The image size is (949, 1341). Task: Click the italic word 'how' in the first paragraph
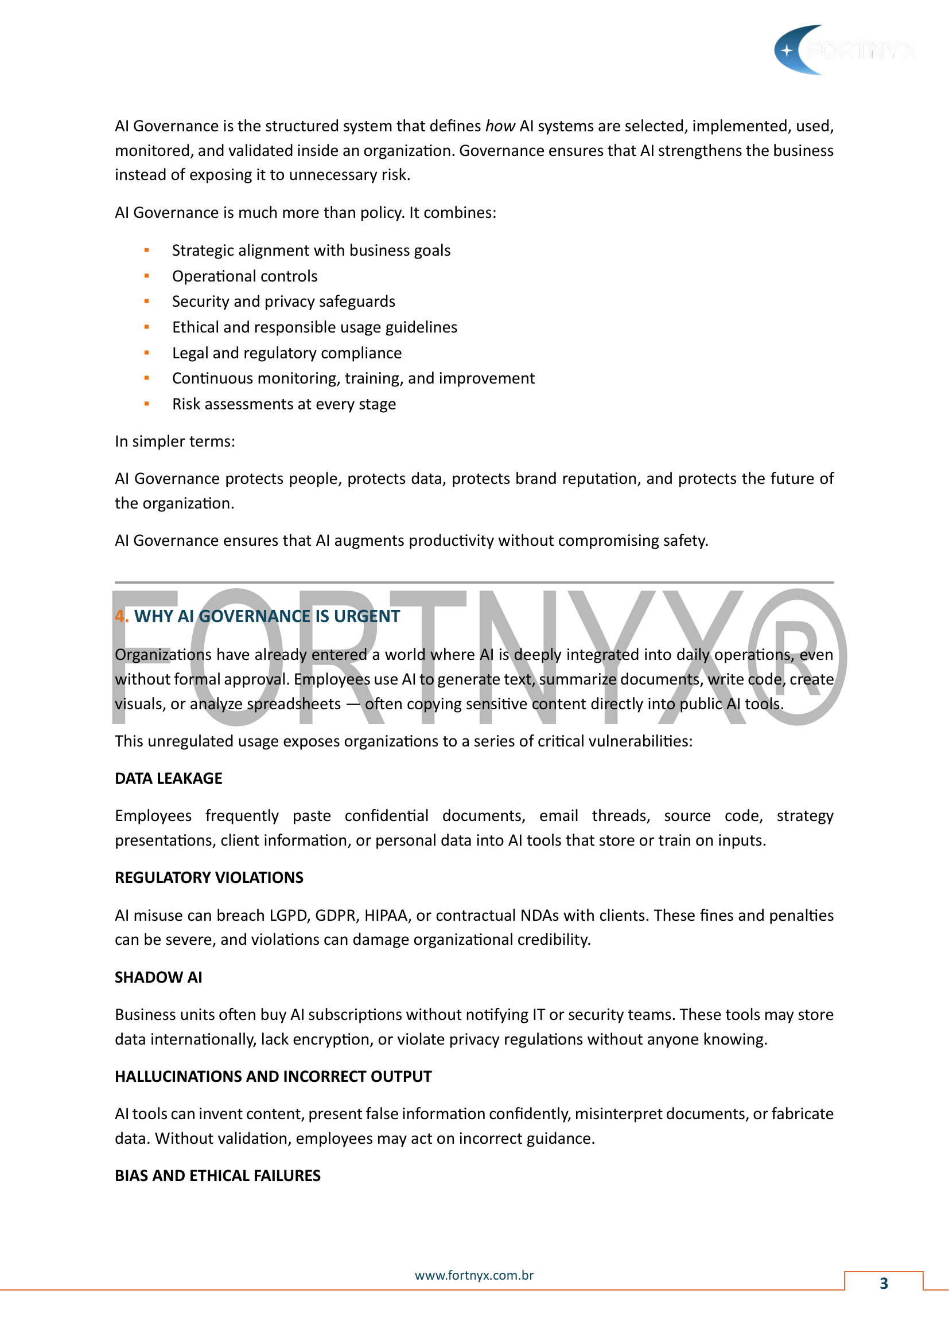(500, 126)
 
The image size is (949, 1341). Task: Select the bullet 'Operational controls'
(244, 276)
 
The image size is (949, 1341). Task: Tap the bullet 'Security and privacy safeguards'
(283, 302)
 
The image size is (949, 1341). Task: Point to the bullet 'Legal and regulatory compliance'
(286, 353)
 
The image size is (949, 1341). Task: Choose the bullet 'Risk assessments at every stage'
(283, 404)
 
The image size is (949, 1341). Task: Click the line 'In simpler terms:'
(175, 441)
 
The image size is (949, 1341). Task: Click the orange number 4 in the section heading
(120, 616)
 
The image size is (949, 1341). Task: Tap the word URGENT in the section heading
(367, 616)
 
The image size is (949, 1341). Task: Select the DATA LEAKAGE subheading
(168, 779)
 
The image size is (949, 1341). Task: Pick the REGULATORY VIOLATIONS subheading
(209, 878)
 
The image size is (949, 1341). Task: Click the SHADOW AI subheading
(158, 977)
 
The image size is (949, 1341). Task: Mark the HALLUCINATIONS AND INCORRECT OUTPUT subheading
(273, 1077)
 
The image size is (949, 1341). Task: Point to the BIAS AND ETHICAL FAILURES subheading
(217, 1176)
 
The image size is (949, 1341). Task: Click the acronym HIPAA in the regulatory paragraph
(386, 915)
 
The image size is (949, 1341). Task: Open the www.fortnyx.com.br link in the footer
(474, 1276)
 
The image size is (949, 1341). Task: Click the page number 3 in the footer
(884, 1283)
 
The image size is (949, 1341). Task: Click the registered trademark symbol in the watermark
(797, 657)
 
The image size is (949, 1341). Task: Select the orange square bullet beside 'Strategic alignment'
(147, 251)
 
